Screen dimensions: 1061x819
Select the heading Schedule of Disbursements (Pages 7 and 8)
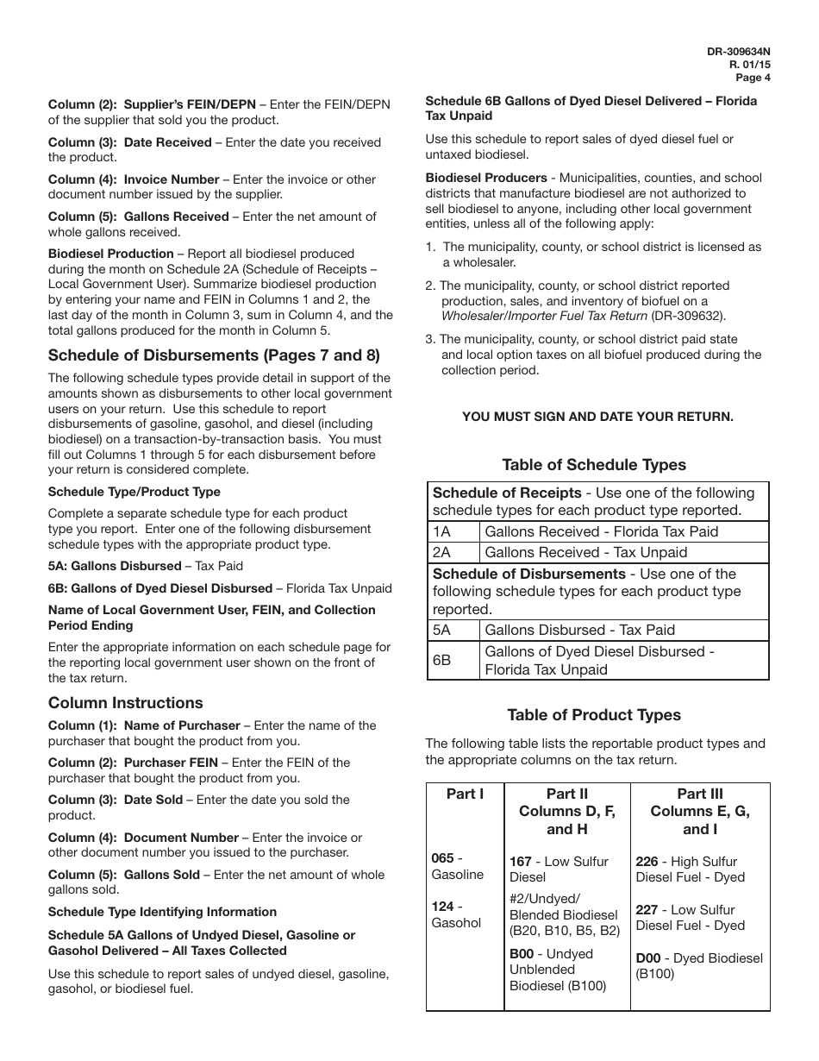214,355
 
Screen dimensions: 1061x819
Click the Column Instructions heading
126,703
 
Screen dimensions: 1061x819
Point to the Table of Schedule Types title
594,465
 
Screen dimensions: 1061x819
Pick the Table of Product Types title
594,715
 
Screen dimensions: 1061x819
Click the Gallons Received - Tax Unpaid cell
586,552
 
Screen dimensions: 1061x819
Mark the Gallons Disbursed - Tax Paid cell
579,630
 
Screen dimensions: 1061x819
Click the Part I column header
465,794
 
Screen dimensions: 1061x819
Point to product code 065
442,858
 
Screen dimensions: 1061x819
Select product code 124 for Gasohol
442,907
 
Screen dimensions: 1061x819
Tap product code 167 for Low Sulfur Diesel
521,862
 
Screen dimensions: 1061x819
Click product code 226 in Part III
647,862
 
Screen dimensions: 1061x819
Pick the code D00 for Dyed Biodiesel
648,958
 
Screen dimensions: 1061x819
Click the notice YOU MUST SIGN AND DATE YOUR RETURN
597,417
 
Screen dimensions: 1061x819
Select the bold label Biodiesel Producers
486,179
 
